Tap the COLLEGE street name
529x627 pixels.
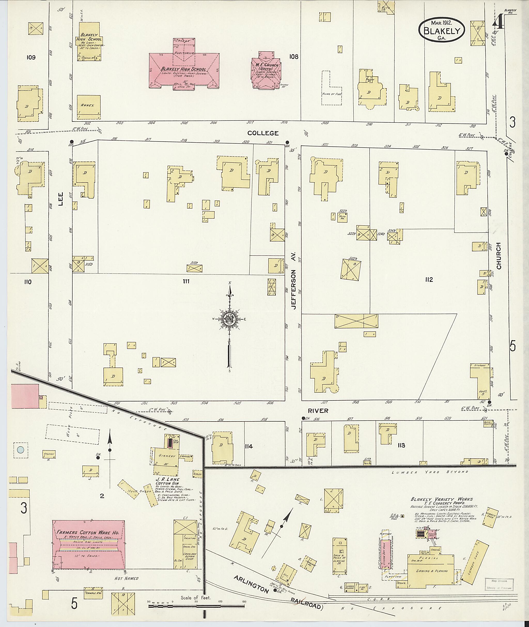click(263, 133)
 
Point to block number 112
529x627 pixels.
click(429, 280)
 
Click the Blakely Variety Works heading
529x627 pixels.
click(442, 499)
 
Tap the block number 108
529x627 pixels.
click(294, 56)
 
